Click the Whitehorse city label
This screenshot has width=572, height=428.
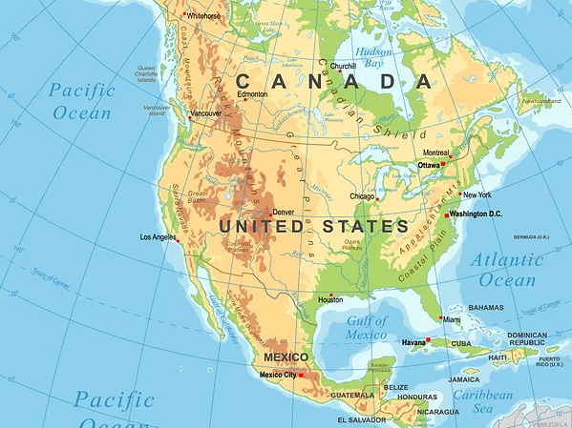[203, 15]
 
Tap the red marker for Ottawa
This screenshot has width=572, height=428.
[443, 164]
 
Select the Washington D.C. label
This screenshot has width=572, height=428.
[476, 214]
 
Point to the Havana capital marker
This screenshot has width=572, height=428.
[429, 339]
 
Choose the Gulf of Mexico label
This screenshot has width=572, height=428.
[352, 327]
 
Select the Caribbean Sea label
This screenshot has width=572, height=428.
[482, 400]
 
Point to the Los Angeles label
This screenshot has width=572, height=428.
[158, 236]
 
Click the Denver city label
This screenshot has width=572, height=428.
[284, 212]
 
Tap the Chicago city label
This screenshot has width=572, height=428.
[362, 196]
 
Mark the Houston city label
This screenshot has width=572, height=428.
[330, 299]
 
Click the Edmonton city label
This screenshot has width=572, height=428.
[252, 94]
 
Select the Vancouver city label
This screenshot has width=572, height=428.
[206, 113]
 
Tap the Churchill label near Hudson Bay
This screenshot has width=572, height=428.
[343, 66]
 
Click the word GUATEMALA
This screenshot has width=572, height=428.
[353, 395]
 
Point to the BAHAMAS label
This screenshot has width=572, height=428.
[486, 308]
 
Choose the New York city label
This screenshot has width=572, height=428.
[477, 194]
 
